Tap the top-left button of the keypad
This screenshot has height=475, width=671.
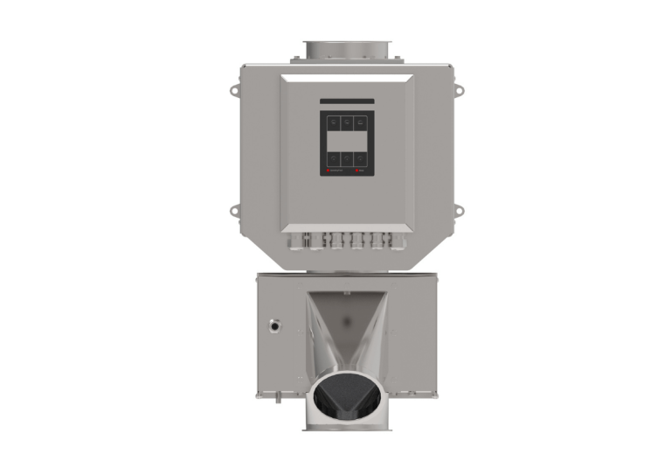coord(333,123)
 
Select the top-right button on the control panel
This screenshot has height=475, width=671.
coord(360,123)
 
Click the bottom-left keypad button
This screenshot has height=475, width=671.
coord(333,158)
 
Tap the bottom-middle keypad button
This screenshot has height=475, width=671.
coord(347,158)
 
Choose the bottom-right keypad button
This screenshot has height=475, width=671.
coord(360,158)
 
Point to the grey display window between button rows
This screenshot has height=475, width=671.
coord(347,141)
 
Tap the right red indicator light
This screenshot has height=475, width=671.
coord(358,172)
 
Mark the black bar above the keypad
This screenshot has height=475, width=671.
coord(347,101)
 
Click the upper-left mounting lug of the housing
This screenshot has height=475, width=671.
coord(233,89)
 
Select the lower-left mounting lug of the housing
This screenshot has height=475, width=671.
coord(233,211)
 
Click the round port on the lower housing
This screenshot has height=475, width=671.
coord(275,325)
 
